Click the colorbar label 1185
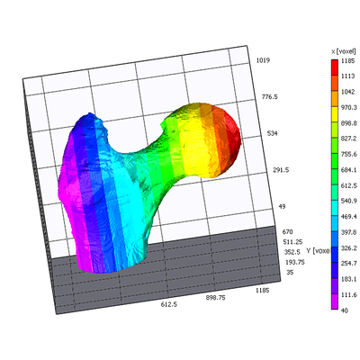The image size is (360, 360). tap(347, 61)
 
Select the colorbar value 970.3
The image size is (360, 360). tap(349, 107)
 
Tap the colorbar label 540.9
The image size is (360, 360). tap(349, 201)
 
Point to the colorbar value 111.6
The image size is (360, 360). tap(349, 294)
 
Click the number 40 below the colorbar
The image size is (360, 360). tap(345, 310)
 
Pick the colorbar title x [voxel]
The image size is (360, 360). tap(344, 51)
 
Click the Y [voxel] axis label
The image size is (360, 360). tap(318, 250)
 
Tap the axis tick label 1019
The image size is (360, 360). tap(263, 60)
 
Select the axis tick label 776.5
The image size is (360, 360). tap(269, 97)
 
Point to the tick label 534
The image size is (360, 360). tap(273, 133)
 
